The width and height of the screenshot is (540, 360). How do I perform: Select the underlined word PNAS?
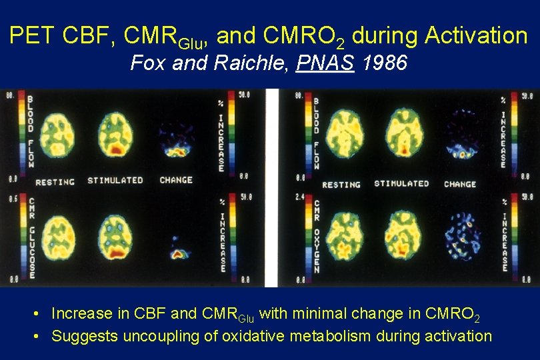tap(326, 64)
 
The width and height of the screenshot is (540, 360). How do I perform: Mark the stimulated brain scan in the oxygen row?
tap(403, 236)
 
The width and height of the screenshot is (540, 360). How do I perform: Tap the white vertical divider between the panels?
tap(271, 187)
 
